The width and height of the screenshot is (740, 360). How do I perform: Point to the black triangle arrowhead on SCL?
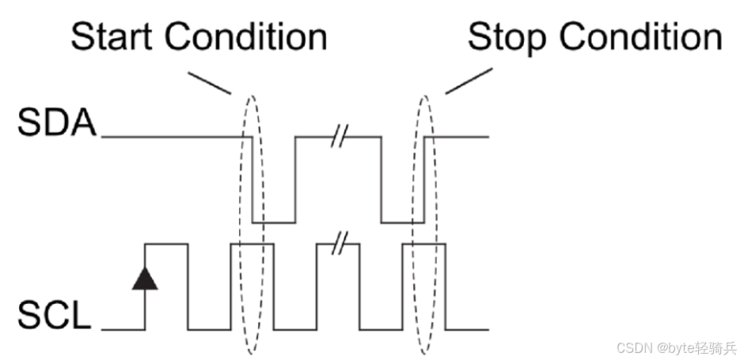coord(145,278)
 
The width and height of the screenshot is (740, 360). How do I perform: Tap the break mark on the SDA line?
coord(338,137)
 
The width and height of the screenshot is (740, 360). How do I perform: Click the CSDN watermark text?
coord(676,346)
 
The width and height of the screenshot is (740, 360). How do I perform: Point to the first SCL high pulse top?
coord(167,244)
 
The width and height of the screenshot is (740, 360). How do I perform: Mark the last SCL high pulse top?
coord(424,244)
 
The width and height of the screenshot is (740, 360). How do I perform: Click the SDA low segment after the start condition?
coord(274,223)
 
